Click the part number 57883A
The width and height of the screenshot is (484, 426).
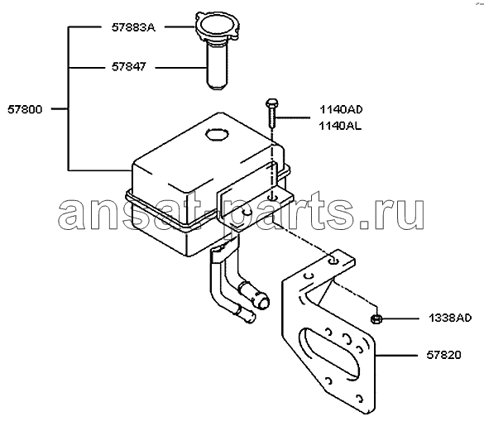click(x=133, y=28)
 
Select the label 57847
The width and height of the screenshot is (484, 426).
click(x=129, y=67)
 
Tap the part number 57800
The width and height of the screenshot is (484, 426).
click(x=25, y=109)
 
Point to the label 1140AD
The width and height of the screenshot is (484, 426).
click(x=341, y=109)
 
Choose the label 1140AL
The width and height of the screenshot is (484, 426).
click(x=340, y=126)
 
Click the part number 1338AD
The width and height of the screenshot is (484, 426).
click(x=450, y=318)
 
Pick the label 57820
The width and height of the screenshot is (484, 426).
click(x=443, y=355)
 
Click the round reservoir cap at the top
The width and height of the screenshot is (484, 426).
click(x=217, y=26)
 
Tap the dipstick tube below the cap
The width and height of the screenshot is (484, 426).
click(x=217, y=66)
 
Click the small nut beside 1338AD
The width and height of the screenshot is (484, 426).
click(x=376, y=319)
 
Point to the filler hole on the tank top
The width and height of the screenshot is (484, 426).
click(x=217, y=135)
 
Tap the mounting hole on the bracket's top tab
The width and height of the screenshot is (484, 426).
click(x=333, y=261)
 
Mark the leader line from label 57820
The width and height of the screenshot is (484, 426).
click(x=396, y=356)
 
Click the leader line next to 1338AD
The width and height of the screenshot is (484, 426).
click(x=400, y=318)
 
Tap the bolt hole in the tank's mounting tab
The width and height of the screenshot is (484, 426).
click(x=271, y=197)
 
